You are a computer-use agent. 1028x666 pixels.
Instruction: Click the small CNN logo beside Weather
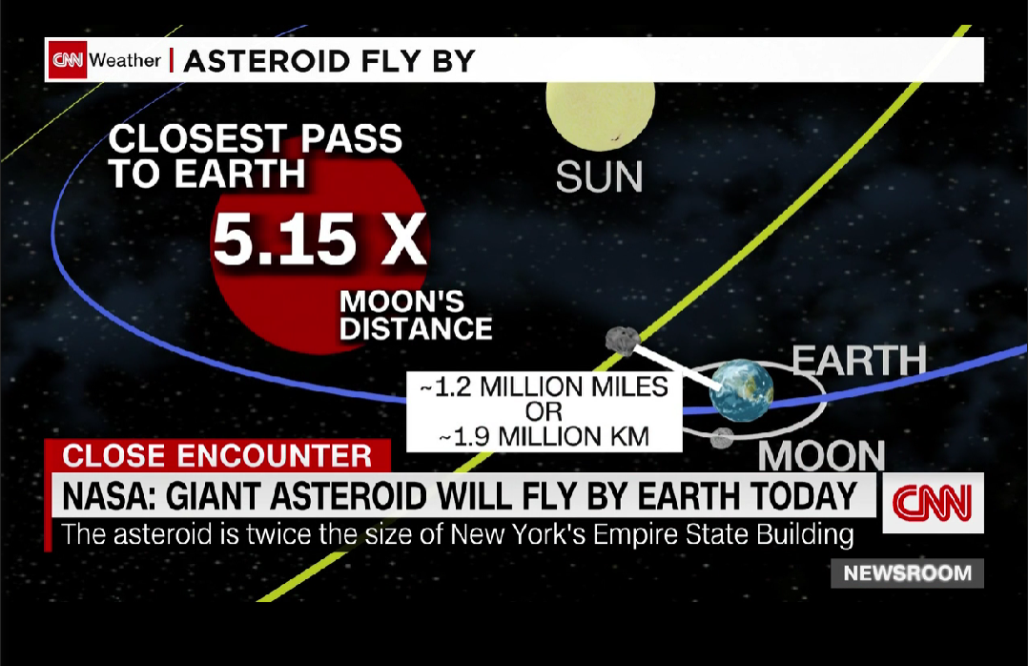(x=69, y=60)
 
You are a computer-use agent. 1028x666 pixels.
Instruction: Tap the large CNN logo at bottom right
(x=933, y=503)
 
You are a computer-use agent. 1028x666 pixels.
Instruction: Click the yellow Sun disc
(x=600, y=113)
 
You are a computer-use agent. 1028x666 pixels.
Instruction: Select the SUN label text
(x=599, y=177)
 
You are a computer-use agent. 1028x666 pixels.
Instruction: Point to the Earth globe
(x=742, y=390)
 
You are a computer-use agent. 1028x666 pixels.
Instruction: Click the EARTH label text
(x=859, y=361)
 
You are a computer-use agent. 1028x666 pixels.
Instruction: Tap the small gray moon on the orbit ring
(x=722, y=438)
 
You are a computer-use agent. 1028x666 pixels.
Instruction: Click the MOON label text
(x=821, y=455)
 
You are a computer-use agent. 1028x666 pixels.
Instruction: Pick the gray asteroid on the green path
(x=622, y=341)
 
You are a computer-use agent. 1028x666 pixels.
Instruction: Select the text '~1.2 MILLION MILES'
(x=545, y=386)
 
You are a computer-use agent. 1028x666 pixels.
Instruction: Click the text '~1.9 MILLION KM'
(x=545, y=436)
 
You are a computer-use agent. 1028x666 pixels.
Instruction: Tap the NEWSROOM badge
(x=908, y=572)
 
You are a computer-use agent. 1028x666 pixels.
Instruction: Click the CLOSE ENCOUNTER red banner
(x=217, y=455)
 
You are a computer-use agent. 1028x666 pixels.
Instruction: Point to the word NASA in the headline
(x=108, y=496)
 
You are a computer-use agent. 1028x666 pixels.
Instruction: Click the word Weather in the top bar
(x=125, y=60)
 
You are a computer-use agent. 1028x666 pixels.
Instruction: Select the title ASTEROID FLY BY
(x=329, y=61)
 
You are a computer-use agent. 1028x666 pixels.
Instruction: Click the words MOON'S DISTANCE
(x=416, y=315)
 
